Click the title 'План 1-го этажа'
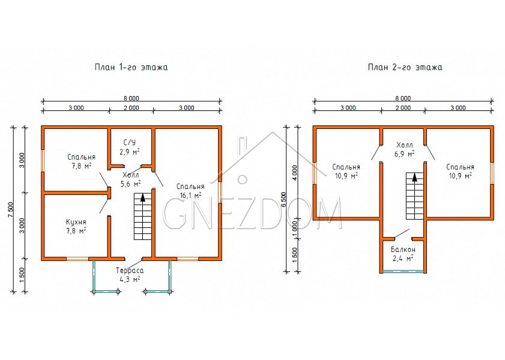[131, 67]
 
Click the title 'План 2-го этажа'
[405, 67]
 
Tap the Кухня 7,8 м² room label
[76, 226]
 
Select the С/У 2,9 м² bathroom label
[130, 147]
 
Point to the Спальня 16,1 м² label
[190, 191]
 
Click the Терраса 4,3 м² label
[130, 275]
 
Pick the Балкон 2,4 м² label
[403, 254]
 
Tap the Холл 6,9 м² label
[405, 149]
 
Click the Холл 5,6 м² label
[131, 179]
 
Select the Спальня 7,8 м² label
[82, 161]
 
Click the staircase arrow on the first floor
[143, 197]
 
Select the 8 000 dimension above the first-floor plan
[132, 98]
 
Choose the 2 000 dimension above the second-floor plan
[403, 108]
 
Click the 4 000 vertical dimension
[295, 173]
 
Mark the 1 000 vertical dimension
[295, 229]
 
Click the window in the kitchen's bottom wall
[77, 259]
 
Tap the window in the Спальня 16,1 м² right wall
[220, 193]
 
